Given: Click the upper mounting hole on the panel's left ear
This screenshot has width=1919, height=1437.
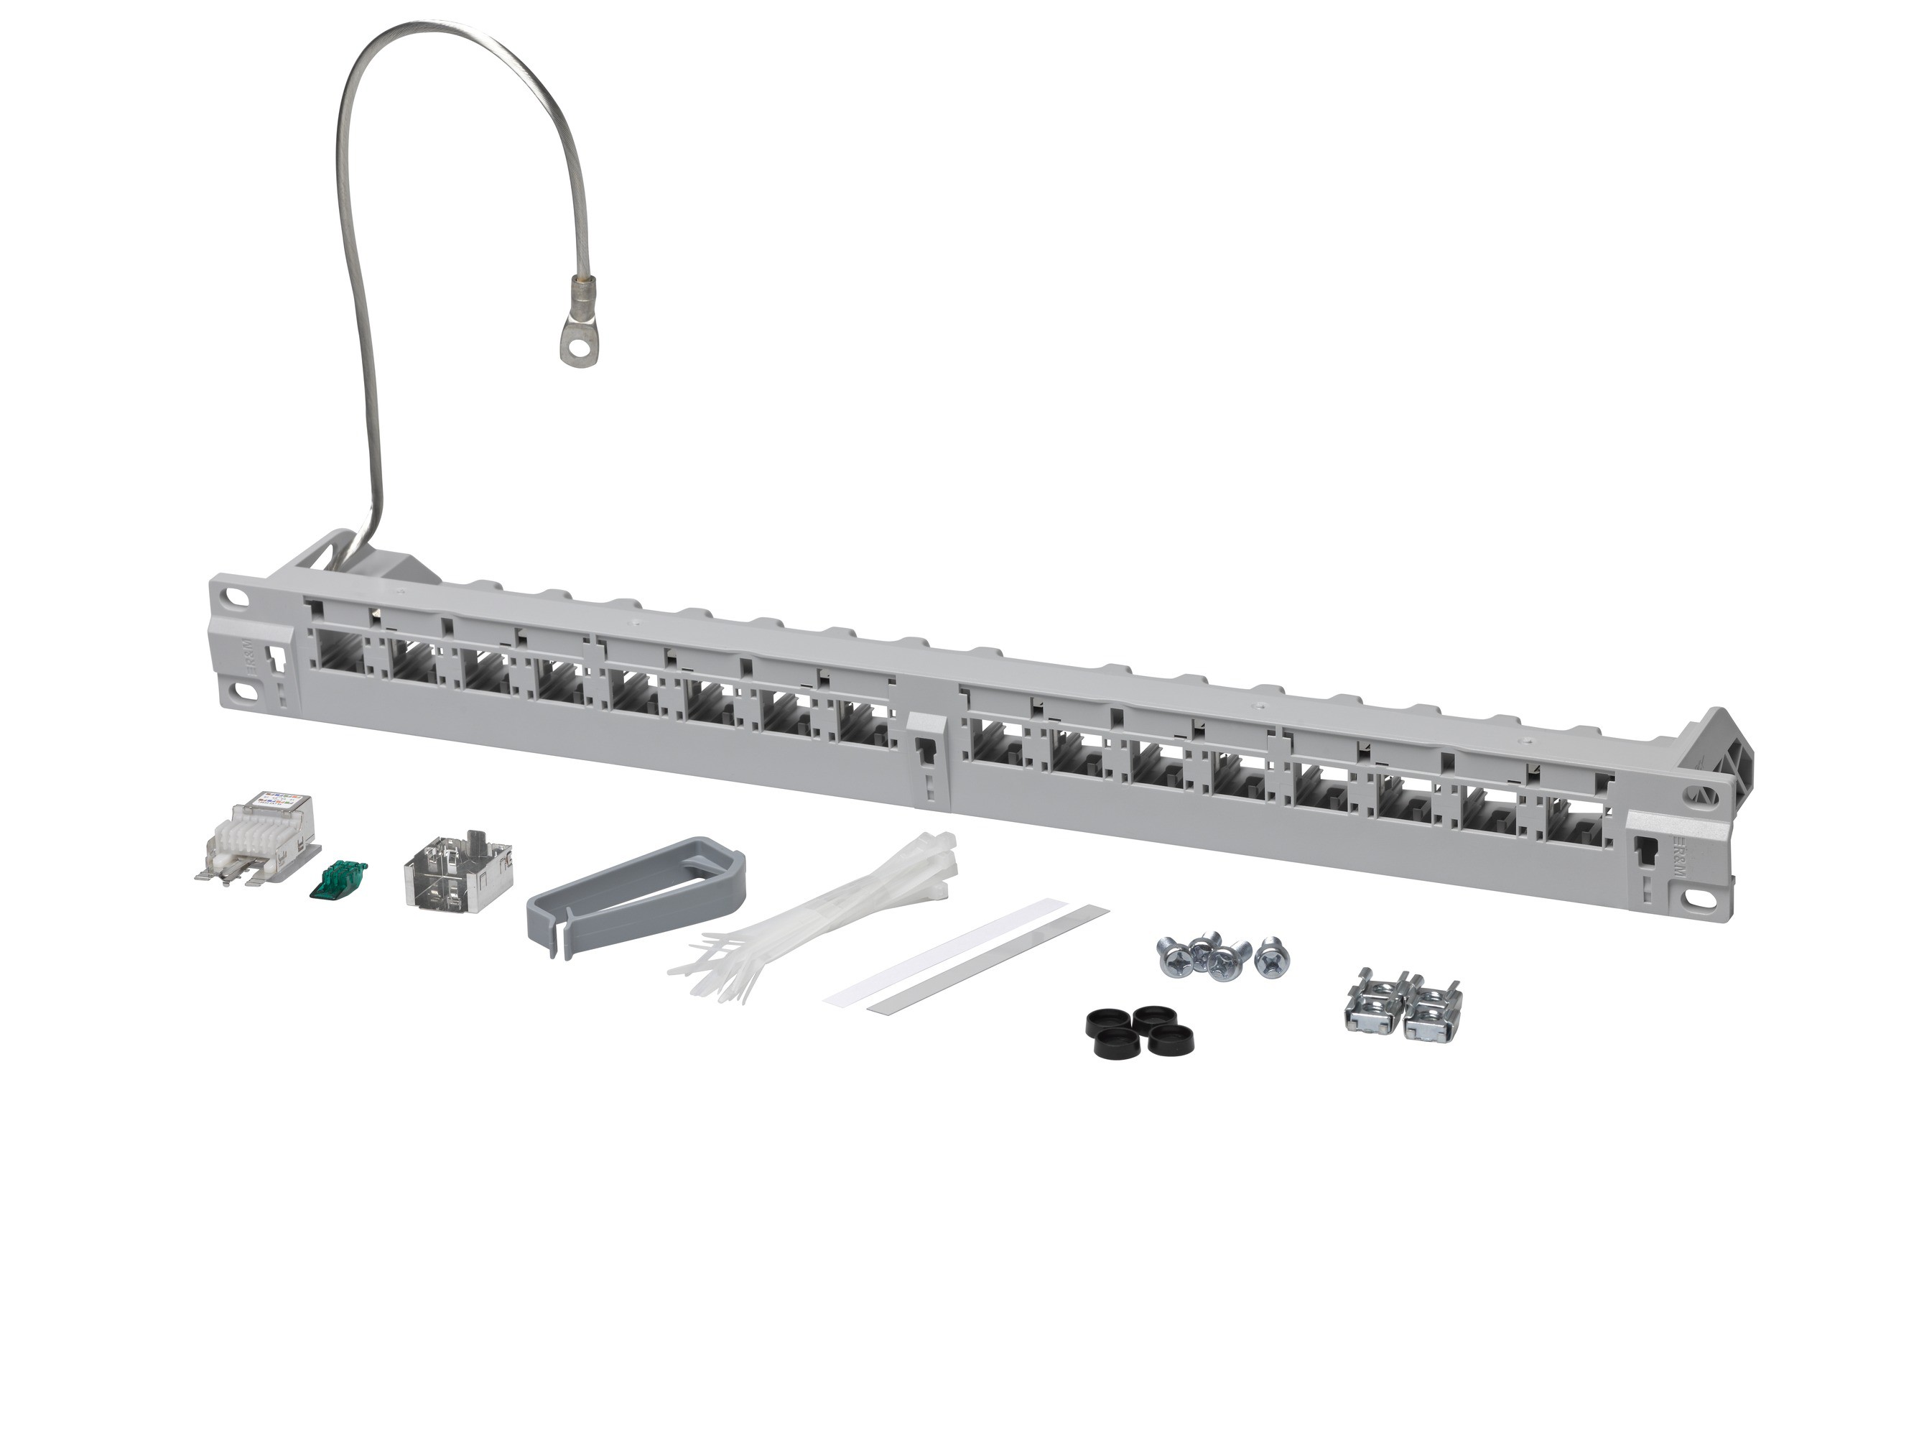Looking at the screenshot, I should coord(237,598).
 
